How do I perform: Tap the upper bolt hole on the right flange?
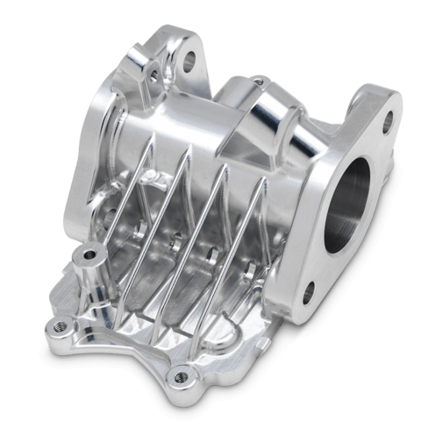(387, 124)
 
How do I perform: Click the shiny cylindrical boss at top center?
(268, 110)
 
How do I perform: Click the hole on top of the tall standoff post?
(88, 255)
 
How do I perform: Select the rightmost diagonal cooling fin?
(245, 250)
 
